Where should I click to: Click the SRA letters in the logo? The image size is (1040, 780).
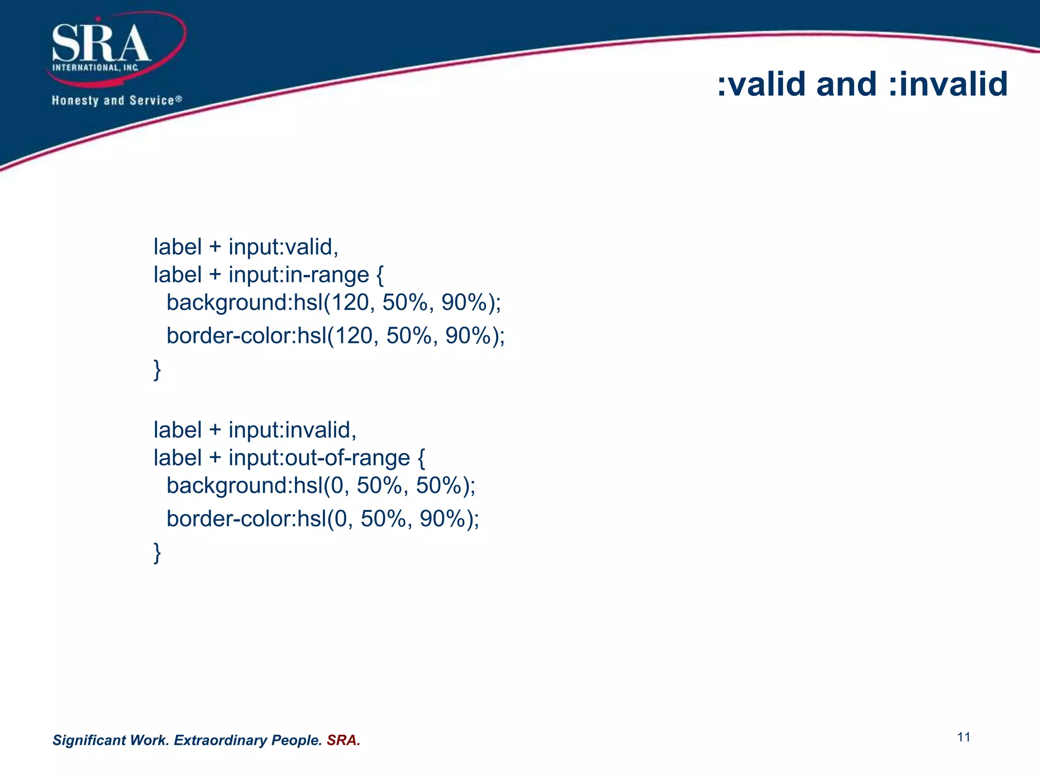pyautogui.click(x=101, y=44)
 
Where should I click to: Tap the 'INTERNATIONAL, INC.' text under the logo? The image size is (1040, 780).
pyautogui.click(x=95, y=68)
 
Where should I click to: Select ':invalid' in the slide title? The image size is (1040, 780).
pyautogui.click(x=948, y=84)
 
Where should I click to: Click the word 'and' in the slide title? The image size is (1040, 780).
pyautogui.click(x=846, y=84)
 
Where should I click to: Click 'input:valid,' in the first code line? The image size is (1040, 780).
pyautogui.click(x=283, y=247)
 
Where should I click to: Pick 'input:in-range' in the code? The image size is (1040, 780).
pyautogui.click(x=299, y=275)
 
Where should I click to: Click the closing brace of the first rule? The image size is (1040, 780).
pyautogui.click(x=157, y=369)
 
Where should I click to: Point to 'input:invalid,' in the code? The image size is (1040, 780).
pyautogui.click(x=292, y=430)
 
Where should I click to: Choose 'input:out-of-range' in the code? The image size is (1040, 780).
pyautogui.click(x=319, y=458)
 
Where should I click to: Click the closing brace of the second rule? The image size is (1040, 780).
pyautogui.click(x=157, y=552)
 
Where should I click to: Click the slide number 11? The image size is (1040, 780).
pyautogui.click(x=964, y=737)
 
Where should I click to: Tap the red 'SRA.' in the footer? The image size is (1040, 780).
pyautogui.click(x=343, y=740)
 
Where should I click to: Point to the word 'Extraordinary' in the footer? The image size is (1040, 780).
pyautogui.click(x=220, y=740)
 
